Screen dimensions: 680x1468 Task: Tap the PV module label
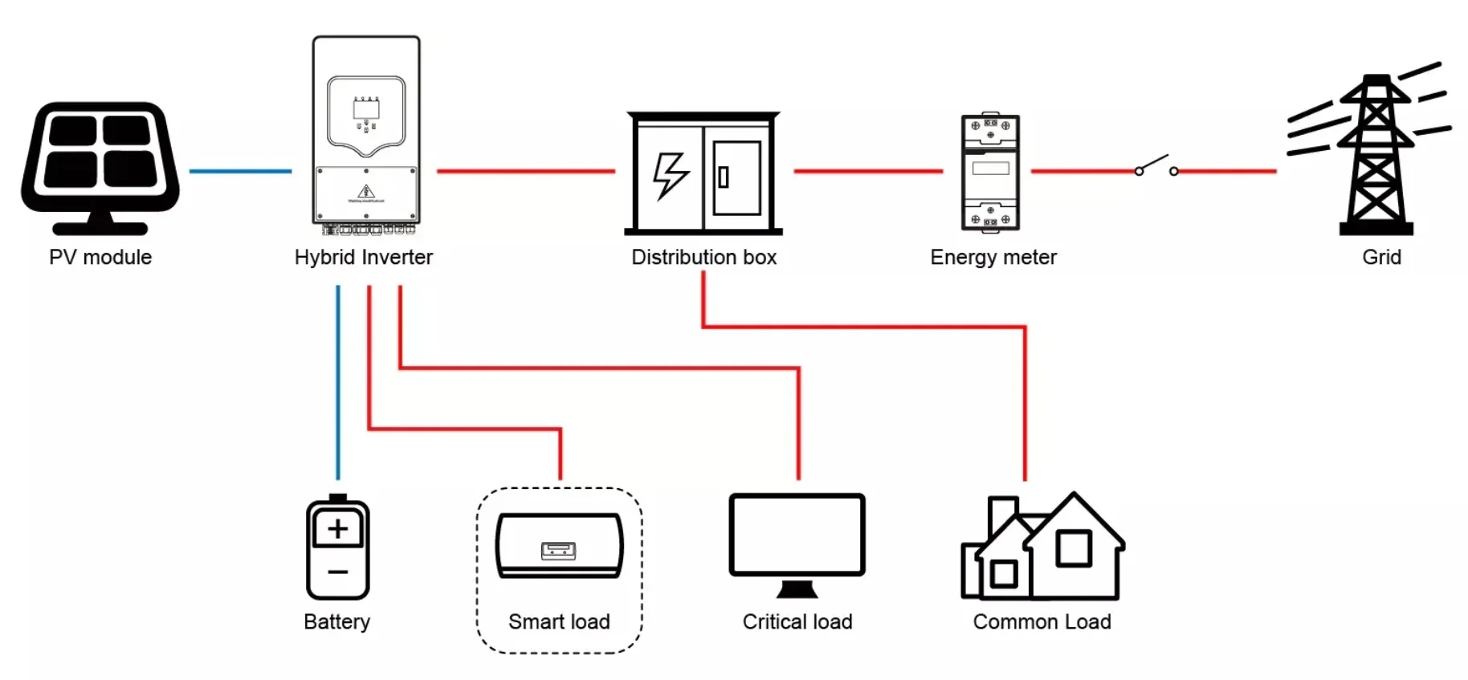click(100, 258)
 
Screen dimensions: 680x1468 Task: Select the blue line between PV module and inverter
click(240, 171)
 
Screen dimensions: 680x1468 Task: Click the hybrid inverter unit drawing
click(366, 132)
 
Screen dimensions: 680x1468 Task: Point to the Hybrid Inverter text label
click(363, 258)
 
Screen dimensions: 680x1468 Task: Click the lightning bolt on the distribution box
click(670, 174)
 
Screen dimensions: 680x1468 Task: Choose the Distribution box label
click(703, 258)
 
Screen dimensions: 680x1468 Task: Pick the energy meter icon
click(990, 173)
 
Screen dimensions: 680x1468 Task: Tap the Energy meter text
click(993, 258)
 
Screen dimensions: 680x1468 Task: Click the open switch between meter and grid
click(1156, 166)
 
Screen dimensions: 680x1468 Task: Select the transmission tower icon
click(1375, 153)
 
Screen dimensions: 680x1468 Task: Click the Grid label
click(1381, 258)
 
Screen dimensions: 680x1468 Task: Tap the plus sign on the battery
click(338, 528)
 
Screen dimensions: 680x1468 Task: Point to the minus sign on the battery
click(338, 572)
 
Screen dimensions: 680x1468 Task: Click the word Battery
click(336, 622)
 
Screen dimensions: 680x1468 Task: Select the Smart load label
click(559, 622)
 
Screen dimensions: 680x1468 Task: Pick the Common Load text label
click(1042, 622)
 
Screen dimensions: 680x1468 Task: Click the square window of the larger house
click(1073, 549)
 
